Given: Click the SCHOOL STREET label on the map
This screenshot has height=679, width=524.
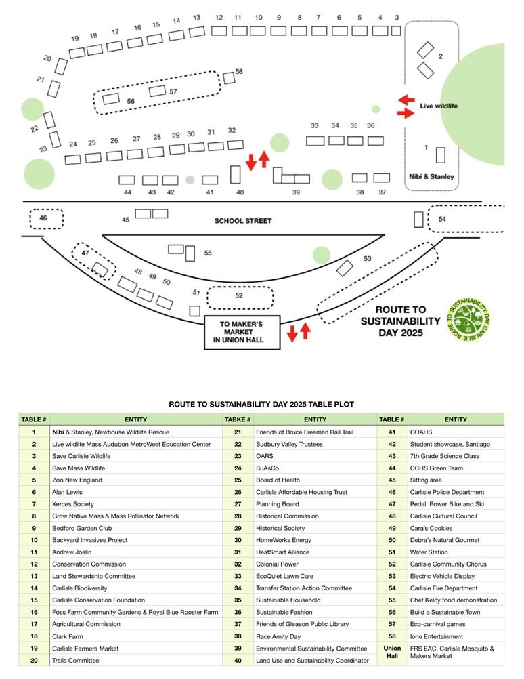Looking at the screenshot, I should point(242,221).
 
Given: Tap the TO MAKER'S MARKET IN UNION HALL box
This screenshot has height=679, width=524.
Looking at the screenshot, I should point(242,332).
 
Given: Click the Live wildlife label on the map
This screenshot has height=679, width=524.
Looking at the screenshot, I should point(439,106).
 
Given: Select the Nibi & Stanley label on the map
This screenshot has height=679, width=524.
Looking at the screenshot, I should point(432,177).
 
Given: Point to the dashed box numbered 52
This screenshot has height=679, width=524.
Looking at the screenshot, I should point(239,297).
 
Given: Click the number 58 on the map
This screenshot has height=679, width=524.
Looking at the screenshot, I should point(238,71).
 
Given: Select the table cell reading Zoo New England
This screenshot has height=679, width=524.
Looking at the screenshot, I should point(76,480).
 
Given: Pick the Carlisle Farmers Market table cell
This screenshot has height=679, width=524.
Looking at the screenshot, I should point(85,649).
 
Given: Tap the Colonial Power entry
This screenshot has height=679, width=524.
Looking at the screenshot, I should point(277,564).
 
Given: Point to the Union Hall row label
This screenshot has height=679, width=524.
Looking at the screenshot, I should point(392,652).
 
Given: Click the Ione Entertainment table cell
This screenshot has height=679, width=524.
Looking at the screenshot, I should point(437,636).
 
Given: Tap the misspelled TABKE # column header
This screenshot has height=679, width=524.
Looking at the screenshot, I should point(238,419).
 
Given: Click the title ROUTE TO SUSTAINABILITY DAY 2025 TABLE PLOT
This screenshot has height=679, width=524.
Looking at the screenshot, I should point(261,404).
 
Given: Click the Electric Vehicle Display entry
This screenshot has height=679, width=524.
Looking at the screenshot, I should point(443,576).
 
